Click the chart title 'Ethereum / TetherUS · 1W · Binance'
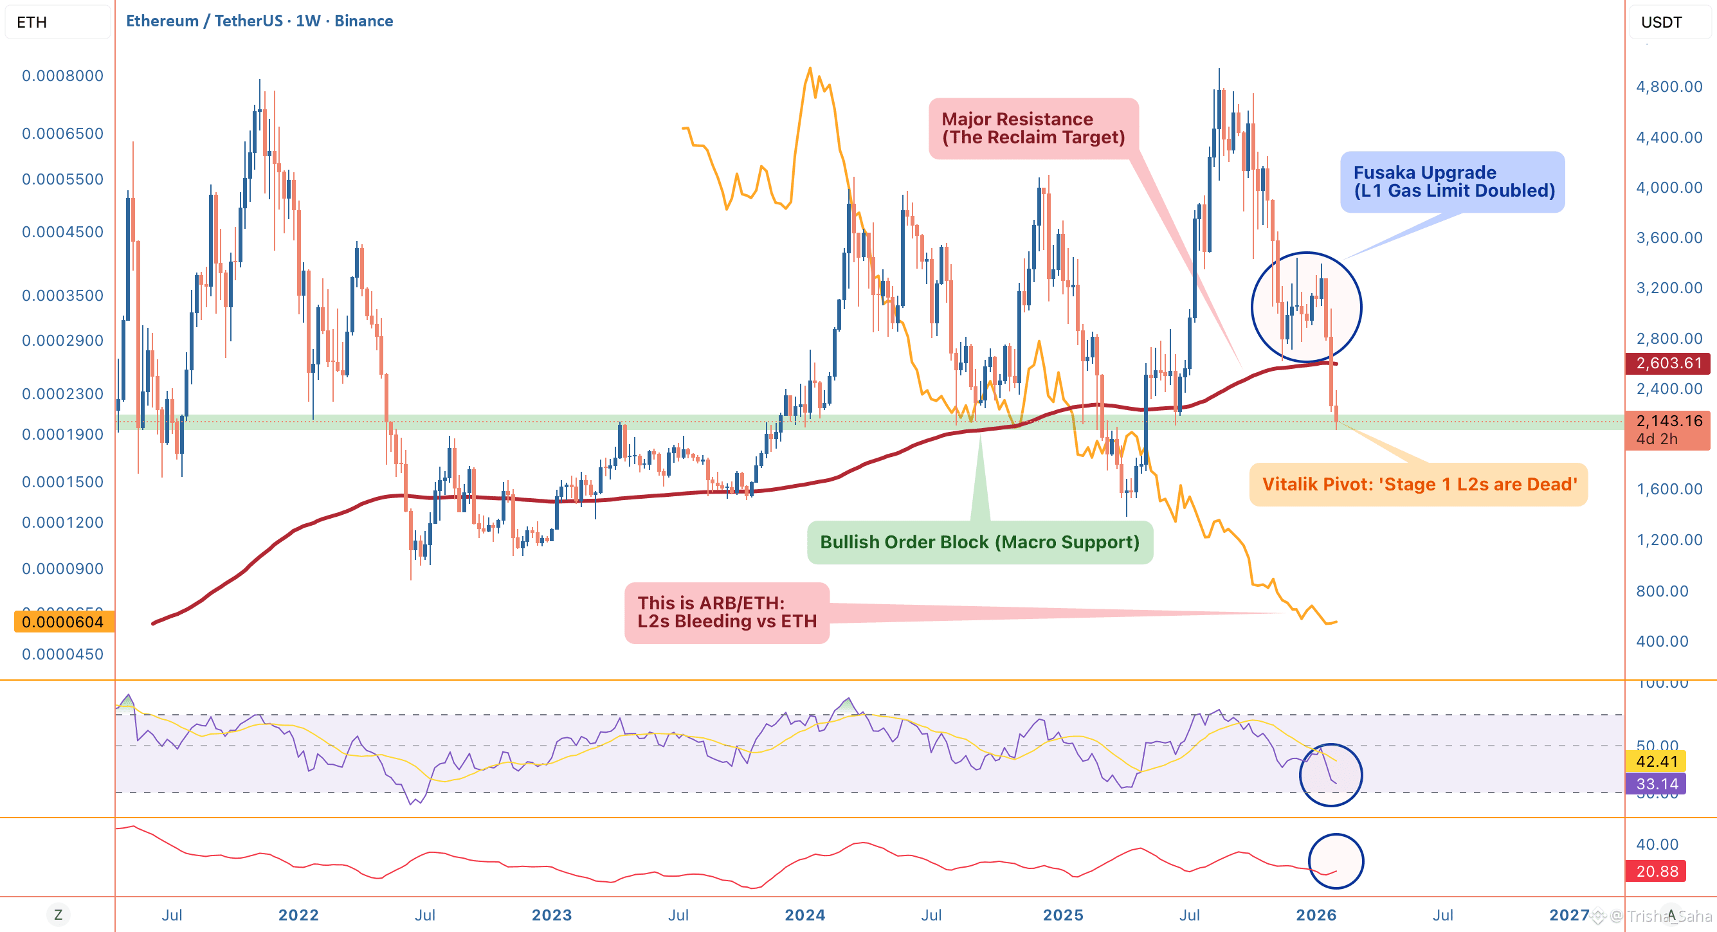click(x=259, y=21)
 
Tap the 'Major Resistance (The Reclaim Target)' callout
click(x=1033, y=128)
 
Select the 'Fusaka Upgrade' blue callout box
click(x=1453, y=181)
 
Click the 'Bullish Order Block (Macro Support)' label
click(x=979, y=542)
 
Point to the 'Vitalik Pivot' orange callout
click(x=1419, y=485)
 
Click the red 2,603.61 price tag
click(x=1667, y=363)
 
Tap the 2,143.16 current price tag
click(x=1667, y=428)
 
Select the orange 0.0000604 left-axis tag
click(x=63, y=622)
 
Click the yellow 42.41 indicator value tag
click(x=1657, y=761)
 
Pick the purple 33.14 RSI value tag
click(x=1657, y=784)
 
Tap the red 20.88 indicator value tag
click(x=1657, y=871)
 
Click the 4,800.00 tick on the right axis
click(x=1668, y=87)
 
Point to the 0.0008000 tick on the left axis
click(x=62, y=75)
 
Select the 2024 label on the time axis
click(x=804, y=915)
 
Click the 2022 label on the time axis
click(x=298, y=915)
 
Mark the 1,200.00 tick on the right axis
click(x=1668, y=540)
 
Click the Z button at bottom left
click(x=58, y=915)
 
